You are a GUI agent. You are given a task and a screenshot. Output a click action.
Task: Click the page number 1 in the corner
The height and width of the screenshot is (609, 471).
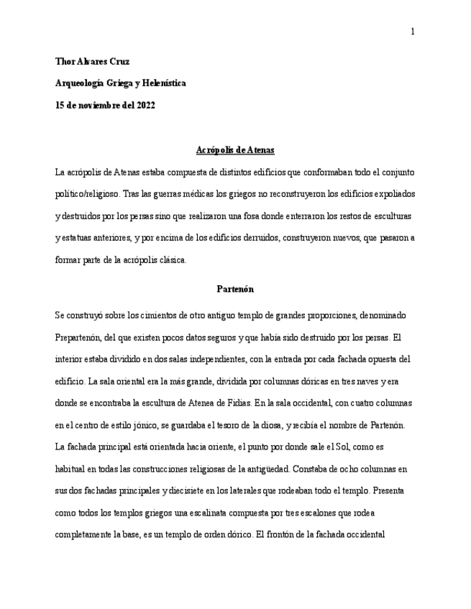point(412,32)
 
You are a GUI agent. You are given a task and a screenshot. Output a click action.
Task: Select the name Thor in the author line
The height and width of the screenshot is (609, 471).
point(65,62)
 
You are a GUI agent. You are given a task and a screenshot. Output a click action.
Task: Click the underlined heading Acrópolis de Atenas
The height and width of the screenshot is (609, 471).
point(234,150)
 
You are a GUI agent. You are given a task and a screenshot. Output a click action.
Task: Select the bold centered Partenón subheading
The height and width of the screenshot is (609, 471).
point(234,289)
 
